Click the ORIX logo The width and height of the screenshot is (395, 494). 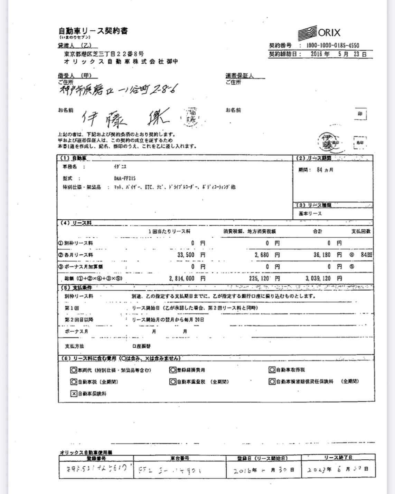tap(319, 33)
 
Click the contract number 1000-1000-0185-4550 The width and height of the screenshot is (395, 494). tap(333, 45)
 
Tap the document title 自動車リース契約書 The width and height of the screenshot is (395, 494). tap(93, 31)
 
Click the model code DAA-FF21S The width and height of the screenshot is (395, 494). tap(125, 178)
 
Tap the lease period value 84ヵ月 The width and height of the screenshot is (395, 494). tap(325, 170)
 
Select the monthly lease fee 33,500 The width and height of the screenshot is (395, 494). tap(186, 255)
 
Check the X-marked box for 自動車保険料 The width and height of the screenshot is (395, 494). tap(74, 394)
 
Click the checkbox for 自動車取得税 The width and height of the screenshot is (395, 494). tap(272, 370)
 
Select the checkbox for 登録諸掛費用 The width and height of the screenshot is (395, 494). tap(172, 370)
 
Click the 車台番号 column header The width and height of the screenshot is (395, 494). tap(180, 458)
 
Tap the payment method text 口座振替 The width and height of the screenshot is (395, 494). tap(141, 346)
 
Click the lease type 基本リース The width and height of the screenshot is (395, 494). tap(310, 213)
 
